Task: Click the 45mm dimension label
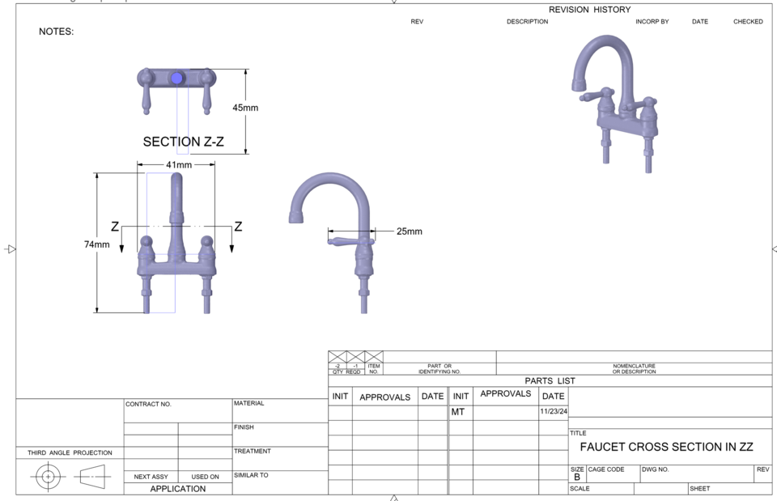(245, 108)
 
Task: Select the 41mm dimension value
(179, 165)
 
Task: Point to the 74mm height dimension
(97, 244)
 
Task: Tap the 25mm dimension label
(409, 231)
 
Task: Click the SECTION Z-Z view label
(183, 142)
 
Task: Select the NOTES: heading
(56, 32)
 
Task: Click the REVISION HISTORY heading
(588, 10)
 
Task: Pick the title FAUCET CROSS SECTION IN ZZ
(666, 447)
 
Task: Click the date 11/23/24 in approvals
(554, 412)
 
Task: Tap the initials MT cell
(458, 412)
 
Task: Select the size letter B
(576, 478)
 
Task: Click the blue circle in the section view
(177, 78)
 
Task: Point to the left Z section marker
(115, 227)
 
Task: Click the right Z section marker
(238, 227)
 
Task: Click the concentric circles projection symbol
(48, 477)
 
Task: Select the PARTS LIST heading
(550, 380)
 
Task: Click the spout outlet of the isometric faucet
(578, 85)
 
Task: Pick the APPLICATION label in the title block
(177, 489)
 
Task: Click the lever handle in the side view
(346, 240)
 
